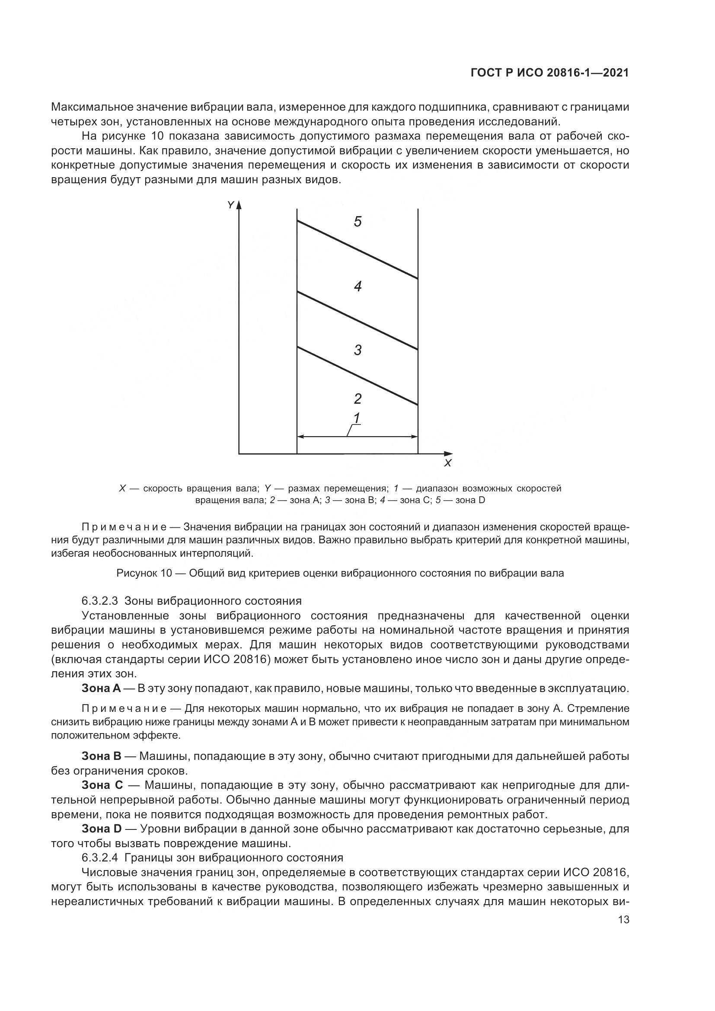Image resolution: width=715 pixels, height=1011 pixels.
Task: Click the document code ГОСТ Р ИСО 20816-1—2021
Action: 549,73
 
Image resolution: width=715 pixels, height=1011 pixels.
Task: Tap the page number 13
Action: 623,920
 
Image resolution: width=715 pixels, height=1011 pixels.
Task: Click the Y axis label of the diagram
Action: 230,205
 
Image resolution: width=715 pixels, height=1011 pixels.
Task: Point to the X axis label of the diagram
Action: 448,463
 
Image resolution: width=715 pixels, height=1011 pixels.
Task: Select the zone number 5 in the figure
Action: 357,221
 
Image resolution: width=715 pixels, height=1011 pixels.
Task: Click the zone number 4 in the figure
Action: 357,287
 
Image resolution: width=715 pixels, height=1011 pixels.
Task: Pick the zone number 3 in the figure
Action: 357,351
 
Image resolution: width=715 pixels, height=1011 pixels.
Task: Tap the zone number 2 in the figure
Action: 357,399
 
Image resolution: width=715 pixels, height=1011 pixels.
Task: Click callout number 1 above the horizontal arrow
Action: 357,418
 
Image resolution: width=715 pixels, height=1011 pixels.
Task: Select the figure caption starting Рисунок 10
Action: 340,573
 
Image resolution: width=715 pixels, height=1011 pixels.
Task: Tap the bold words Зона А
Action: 101,689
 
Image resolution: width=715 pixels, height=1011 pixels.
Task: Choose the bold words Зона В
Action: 101,756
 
